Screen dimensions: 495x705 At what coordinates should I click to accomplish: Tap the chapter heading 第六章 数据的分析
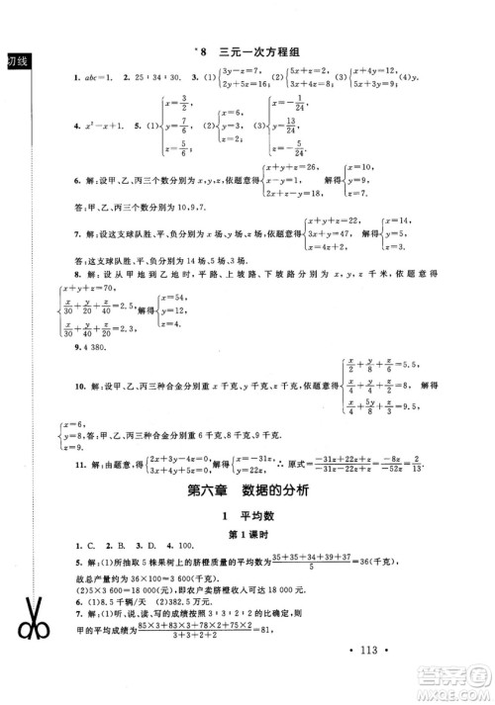click(247, 490)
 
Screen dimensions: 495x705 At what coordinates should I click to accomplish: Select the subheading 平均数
click(256, 517)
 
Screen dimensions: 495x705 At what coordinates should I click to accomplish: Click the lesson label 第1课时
click(247, 537)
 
